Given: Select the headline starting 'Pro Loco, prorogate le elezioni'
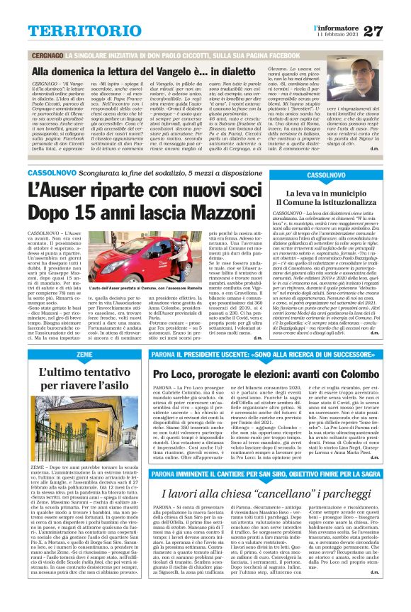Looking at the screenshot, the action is coord(266,372).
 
